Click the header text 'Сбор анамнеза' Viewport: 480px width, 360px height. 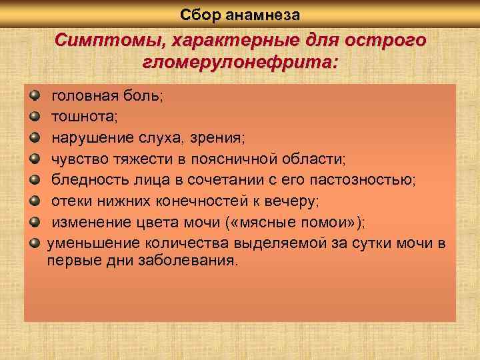tap(240, 13)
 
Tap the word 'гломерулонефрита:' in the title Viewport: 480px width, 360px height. tap(240, 63)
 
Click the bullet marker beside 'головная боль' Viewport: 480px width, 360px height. tap(36, 95)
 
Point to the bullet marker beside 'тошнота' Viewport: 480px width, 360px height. tap(36, 116)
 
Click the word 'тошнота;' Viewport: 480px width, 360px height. tap(85, 117)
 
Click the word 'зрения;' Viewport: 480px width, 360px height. tap(221, 137)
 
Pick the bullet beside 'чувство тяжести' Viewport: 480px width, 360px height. tap(36, 158)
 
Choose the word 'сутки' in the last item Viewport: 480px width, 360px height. tap(381, 242)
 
